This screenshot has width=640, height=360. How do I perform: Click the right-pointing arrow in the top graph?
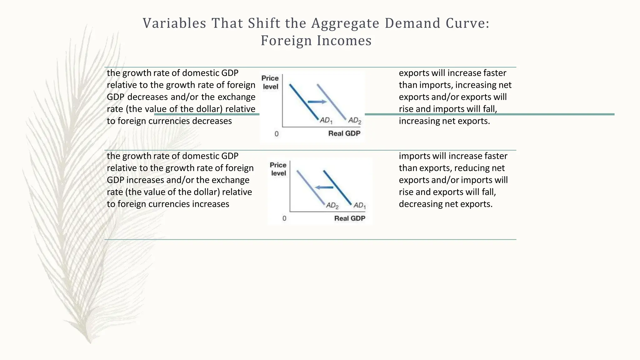coord(317,102)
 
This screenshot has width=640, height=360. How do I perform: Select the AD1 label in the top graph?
coord(326,120)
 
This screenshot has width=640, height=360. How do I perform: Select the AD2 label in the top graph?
coord(355,121)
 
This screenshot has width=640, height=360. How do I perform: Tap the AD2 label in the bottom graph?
coord(332,206)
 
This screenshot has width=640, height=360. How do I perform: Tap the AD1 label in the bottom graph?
coord(359,206)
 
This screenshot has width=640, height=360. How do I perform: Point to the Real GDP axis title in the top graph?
coord(344,133)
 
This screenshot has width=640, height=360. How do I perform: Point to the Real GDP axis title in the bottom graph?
coord(350,218)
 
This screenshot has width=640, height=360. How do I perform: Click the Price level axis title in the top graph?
coord(270,82)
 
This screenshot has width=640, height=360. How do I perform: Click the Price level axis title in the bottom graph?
coord(278,169)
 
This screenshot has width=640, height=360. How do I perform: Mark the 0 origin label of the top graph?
coord(277,134)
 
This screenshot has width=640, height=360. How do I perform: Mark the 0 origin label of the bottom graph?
coord(284,218)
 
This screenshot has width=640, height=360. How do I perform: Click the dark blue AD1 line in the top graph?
coord(303,101)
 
